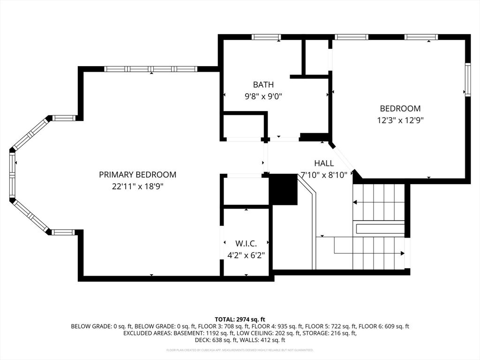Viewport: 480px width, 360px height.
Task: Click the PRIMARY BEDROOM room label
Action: pyautogui.click(x=137, y=175)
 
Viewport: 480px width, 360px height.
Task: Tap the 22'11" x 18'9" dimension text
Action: pyautogui.click(x=137, y=186)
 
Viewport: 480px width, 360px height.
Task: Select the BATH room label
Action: pyautogui.click(x=263, y=85)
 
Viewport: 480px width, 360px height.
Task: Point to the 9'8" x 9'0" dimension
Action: pyautogui.click(x=263, y=96)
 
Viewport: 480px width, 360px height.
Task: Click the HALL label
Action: pyautogui.click(x=324, y=164)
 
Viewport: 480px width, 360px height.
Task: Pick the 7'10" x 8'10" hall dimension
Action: pyautogui.click(x=324, y=175)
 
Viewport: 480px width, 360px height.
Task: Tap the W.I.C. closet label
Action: pyautogui.click(x=246, y=244)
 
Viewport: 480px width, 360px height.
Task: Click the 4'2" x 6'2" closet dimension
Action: pyautogui.click(x=246, y=255)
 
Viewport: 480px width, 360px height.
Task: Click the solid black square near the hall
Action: pyautogui.click(x=283, y=189)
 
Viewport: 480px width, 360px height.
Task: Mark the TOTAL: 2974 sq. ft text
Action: pyautogui.click(x=240, y=319)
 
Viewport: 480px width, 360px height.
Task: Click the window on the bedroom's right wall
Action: pyautogui.click(x=467, y=79)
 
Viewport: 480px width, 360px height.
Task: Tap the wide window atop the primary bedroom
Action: pyautogui.click(x=150, y=69)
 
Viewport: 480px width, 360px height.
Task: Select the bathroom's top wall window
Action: pyautogui.click(x=266, y=37)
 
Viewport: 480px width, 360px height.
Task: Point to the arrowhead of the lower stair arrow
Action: pyautogui.click(x=402, y=254)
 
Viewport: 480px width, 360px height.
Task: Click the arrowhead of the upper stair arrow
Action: pyautogui.click(x=355, y=202)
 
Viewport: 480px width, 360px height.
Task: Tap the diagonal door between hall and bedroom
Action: pyautogui.click(x=343, y=158)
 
